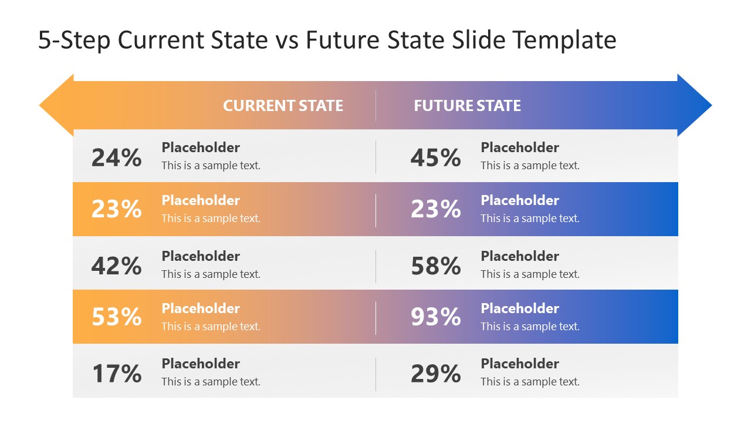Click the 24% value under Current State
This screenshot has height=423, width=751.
116,158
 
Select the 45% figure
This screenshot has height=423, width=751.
435,158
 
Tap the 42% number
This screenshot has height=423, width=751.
116,266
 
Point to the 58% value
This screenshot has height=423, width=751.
435,266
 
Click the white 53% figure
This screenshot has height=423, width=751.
116,317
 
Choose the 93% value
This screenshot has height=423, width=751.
435,317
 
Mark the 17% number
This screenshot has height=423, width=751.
116,374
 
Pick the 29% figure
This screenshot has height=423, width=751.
435,374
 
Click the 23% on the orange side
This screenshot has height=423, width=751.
116,209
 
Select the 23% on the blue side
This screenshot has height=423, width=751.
435,209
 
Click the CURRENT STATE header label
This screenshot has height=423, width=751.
283,106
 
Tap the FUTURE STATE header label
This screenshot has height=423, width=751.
467,106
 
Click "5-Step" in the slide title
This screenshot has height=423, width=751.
75,41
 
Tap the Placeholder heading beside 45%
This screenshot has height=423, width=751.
520,147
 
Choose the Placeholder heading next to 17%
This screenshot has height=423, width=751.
201,364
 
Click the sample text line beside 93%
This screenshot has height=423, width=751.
530,327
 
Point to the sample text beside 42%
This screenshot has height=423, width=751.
211,274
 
